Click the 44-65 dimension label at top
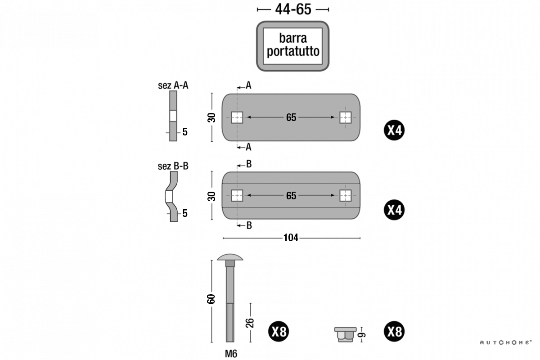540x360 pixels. pos(293,9)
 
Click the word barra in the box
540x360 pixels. pos(293,38)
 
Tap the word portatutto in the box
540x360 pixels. pos(293,51)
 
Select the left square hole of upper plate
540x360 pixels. pos(237,117)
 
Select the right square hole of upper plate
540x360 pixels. pos(345,117)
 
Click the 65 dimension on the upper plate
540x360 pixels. pos(291,117)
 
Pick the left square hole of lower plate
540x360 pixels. pos(237,196)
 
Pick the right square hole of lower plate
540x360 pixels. pos(345,196)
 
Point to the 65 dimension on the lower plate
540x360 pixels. pos(291,196)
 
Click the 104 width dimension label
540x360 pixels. pos(291,238)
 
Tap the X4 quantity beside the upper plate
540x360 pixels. pos(395,130)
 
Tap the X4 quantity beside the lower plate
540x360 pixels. pos(395,210)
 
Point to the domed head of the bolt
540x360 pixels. pos(229,258)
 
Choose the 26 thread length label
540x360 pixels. pos(250,322)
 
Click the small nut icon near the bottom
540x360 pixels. pos(345,334)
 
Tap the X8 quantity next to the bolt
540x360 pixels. pos(279,332)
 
